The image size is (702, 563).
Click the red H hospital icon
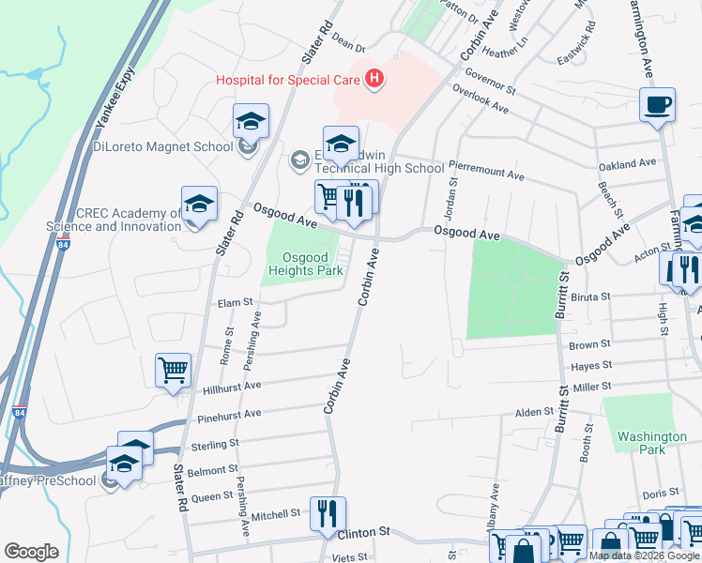tap(374, 79)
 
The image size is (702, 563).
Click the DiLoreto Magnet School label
tap(162, 146)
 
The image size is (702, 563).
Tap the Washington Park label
tap(651, 443)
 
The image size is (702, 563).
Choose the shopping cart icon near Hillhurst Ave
tap(173, 371)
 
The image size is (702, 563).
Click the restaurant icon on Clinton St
tap(328, 513)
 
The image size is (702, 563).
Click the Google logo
tap(31, 552)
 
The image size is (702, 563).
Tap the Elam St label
tap(236, 302)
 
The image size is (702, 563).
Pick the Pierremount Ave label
tap(486, 175)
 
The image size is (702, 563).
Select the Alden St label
tap(534, 412)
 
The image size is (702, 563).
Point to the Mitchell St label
tap(275, 514)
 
